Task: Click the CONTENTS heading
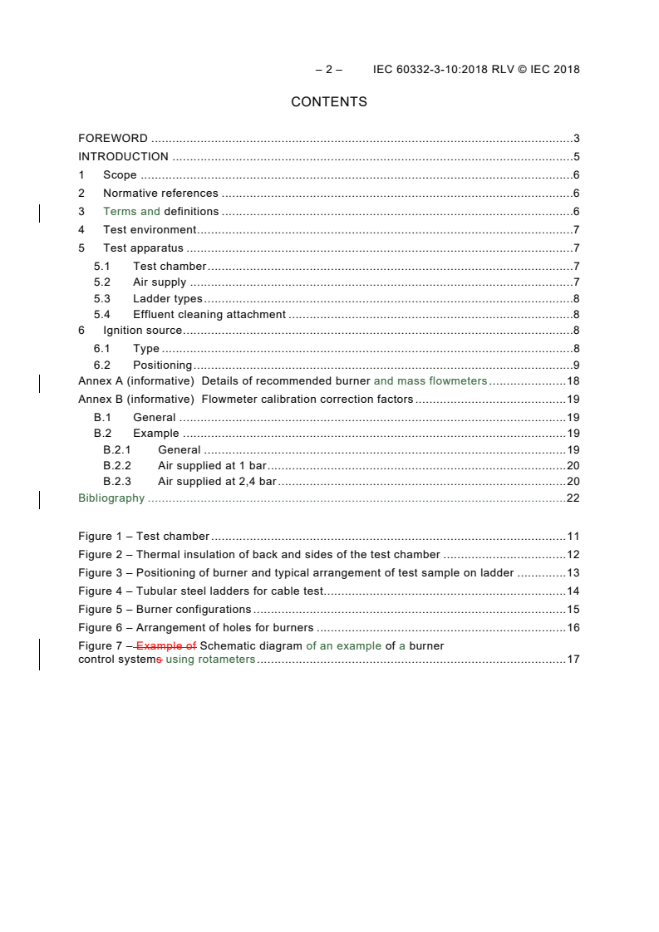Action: pos(329,102)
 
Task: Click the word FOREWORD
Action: pos(113,139)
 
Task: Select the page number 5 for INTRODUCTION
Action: pos(576,157)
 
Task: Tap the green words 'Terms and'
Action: pos(131,212)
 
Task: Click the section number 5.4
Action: pos(101,315)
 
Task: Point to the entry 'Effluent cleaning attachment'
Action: pos(209,315)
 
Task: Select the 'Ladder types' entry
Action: pos(167,299)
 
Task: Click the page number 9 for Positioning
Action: pos(576,365)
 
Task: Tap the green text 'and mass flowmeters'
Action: pos(430,381)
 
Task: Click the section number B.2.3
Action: pos(117,482)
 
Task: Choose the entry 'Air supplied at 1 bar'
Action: pos(212,466)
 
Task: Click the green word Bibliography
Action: pos(111,498)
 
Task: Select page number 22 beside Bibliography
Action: pos(573,498)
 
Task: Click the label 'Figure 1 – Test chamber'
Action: pos(144,537)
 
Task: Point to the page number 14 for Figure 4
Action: pos(573,591)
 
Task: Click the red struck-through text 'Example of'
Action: pos(166,645)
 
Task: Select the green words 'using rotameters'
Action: pos(210,660)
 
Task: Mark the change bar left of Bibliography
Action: pos(40,498)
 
